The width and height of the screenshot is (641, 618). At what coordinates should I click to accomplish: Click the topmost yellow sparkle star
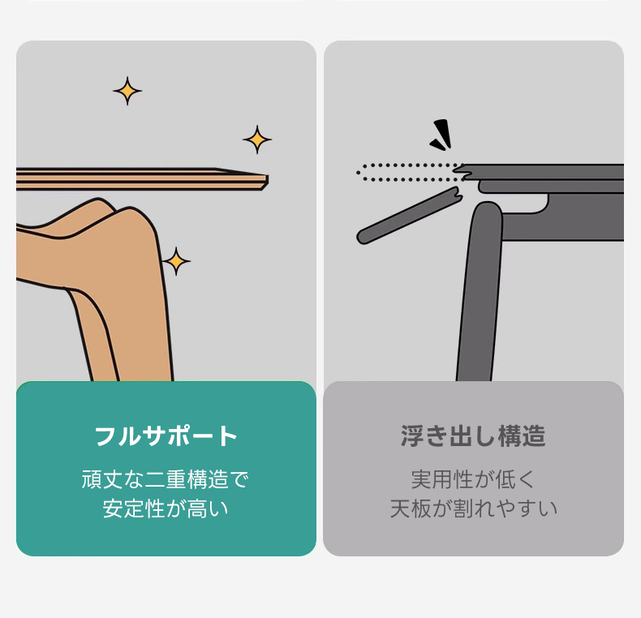pyautogui.click(x=127, y=91)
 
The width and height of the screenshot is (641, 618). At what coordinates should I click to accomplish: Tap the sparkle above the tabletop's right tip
pyautogui.click(x=257, y=139)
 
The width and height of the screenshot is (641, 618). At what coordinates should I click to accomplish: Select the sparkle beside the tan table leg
pyautogui.click(x=176, y=261)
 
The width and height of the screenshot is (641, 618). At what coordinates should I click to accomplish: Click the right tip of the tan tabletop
pyautogui.click(x=268, y=180)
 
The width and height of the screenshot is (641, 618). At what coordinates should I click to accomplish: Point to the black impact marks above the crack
pyautogui.click(x=441, y=134)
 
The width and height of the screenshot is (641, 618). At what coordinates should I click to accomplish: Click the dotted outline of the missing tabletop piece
pyautogui.click(x=405, y=173)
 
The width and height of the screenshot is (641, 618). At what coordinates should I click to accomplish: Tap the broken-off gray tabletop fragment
pyautogui.click(x=410, y=216)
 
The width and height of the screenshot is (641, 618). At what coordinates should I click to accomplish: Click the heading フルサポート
pyautogui.click(x=166, y=436)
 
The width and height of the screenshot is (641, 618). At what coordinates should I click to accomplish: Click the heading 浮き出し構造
pyautogui.click(x=473, y=436)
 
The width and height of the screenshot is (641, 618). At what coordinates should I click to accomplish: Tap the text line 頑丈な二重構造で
pyautogui.click(x=166, y=479)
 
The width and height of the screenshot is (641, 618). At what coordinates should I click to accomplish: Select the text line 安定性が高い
pyautogui.click(x=166, y=509)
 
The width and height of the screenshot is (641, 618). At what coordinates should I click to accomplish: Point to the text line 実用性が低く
pyautogui.click(x=473, y=479)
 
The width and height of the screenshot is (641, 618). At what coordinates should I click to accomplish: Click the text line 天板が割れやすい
pyautogui.click(x=473, y=509)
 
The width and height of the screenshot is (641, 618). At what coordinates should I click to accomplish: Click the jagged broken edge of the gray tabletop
pyautogui.click(x=464, y=172)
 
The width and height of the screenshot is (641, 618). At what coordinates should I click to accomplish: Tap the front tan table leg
pyautogui.click(x=123, y=286)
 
